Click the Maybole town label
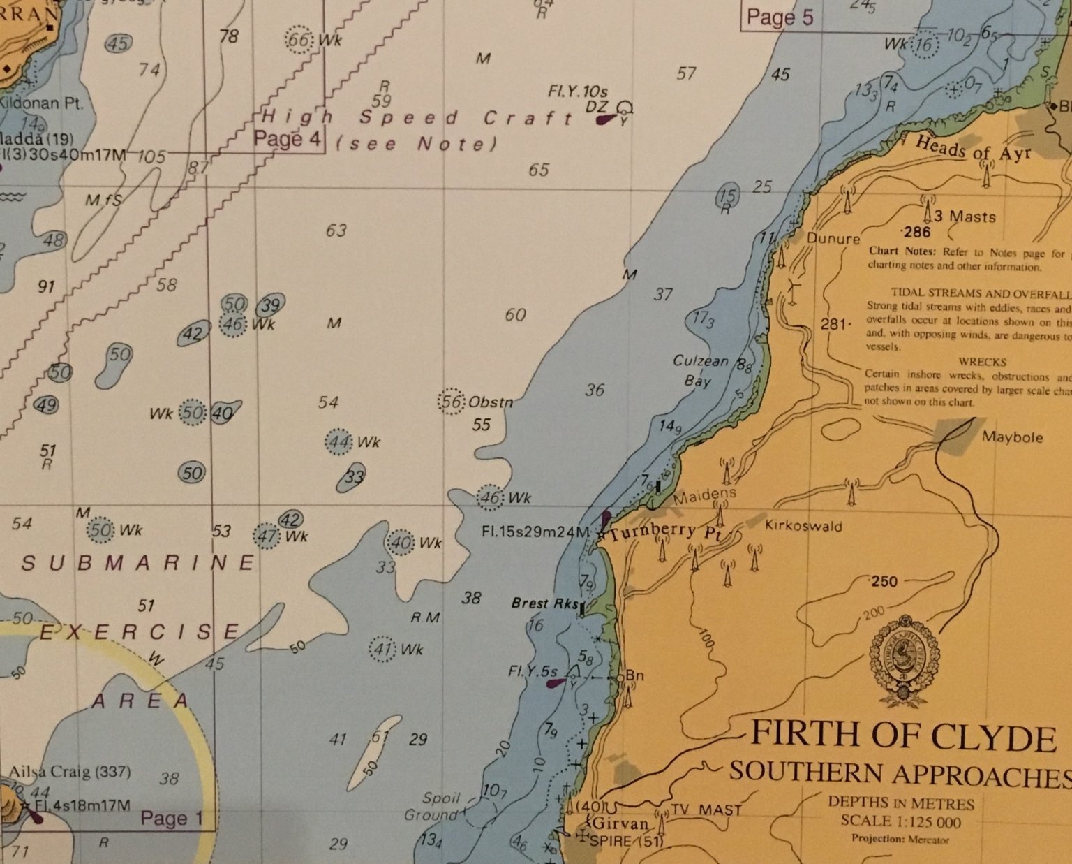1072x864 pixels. (x=1012, y=437)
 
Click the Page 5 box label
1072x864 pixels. (x=780, y=17)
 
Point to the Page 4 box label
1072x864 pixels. (x=287, y=139)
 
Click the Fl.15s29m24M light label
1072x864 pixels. (x=536, y=532)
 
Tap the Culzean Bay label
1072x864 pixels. (x=699, y=371)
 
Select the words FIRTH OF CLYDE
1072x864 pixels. (x=902, y=737)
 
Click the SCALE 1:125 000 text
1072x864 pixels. (x=900, y=822)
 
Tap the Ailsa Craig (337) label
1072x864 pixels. (x=69, y=772)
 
